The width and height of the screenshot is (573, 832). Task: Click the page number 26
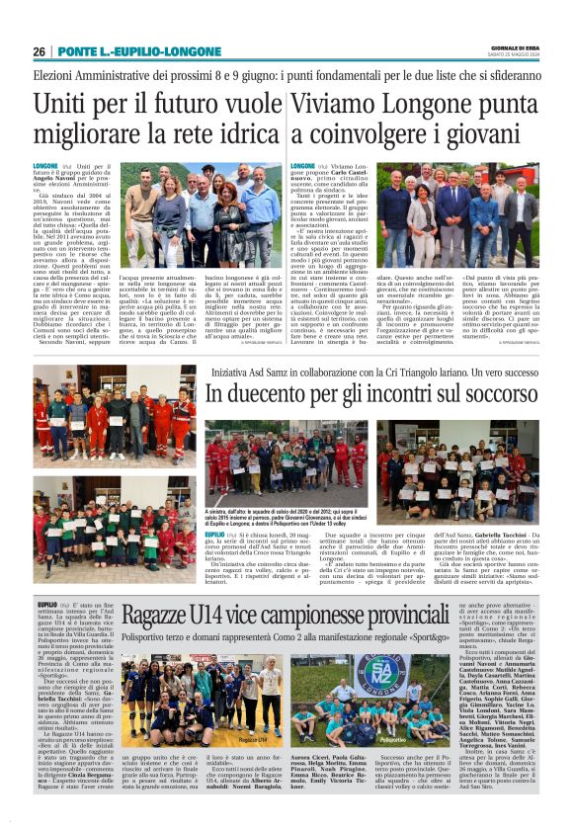point(40,51)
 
